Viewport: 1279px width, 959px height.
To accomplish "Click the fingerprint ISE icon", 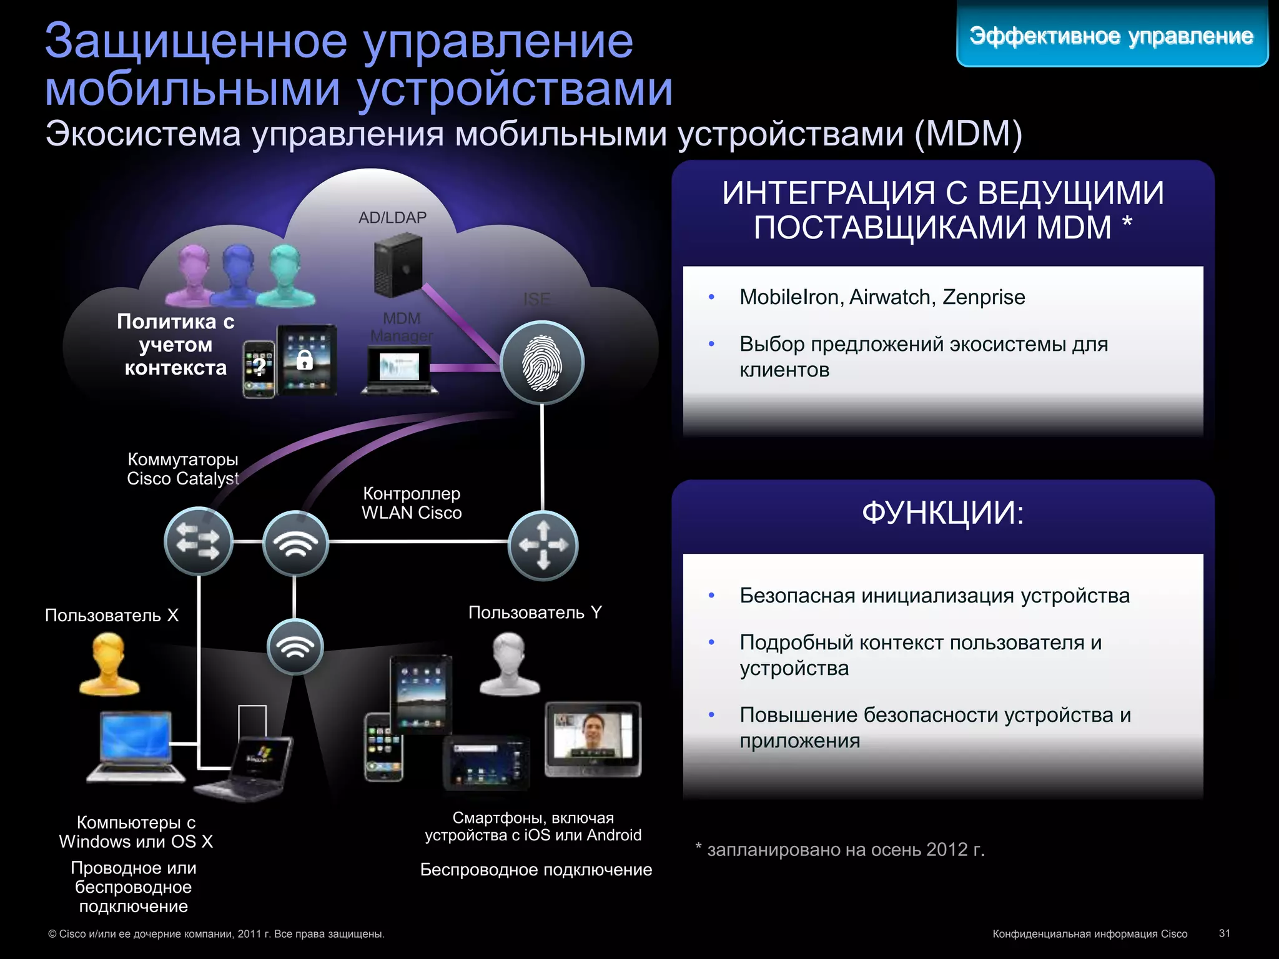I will pyautogui.click(x=542, y=363).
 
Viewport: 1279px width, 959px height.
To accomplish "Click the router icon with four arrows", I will pyautogui.click(x=543, y=545).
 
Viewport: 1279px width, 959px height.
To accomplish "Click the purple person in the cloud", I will pyautogui.click(x=193, y=275).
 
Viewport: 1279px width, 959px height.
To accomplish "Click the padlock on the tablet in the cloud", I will pyautogui.click(x=305, y=360).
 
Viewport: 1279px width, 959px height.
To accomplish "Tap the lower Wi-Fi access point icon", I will pyautogui.click(x=295, y=647).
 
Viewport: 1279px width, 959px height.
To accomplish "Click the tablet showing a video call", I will pyautogui.click(x=593, y=739).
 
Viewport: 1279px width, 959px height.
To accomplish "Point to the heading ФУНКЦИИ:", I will pyautogui.click(x=942, y=513).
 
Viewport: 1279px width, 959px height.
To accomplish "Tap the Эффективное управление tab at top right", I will pyautogui.click(x=1112, y=36).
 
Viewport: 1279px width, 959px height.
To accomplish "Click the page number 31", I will pyautogui.click(x=1224, y=933).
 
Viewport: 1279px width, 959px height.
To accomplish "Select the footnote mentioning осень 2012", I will pyautogui.click(x=840, y=850).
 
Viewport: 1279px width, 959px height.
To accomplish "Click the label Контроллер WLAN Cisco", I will pyautogui.click(x=412, y=503).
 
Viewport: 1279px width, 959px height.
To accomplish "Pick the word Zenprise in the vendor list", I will pyautogui.click(x=984, y=297).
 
